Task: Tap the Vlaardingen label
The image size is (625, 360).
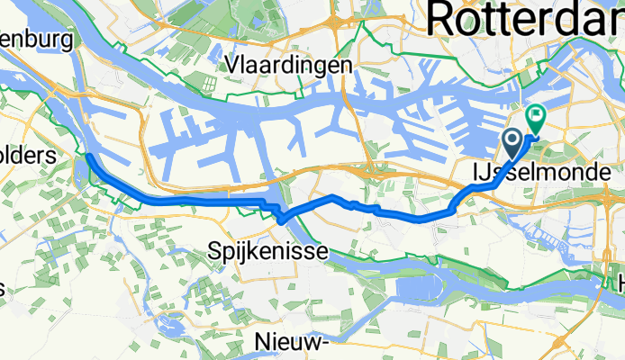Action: [290, 66]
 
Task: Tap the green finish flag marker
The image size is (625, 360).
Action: [537, 116]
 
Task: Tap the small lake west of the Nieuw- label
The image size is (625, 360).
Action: [167, 324]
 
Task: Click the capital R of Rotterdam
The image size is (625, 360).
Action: [444, 18]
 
